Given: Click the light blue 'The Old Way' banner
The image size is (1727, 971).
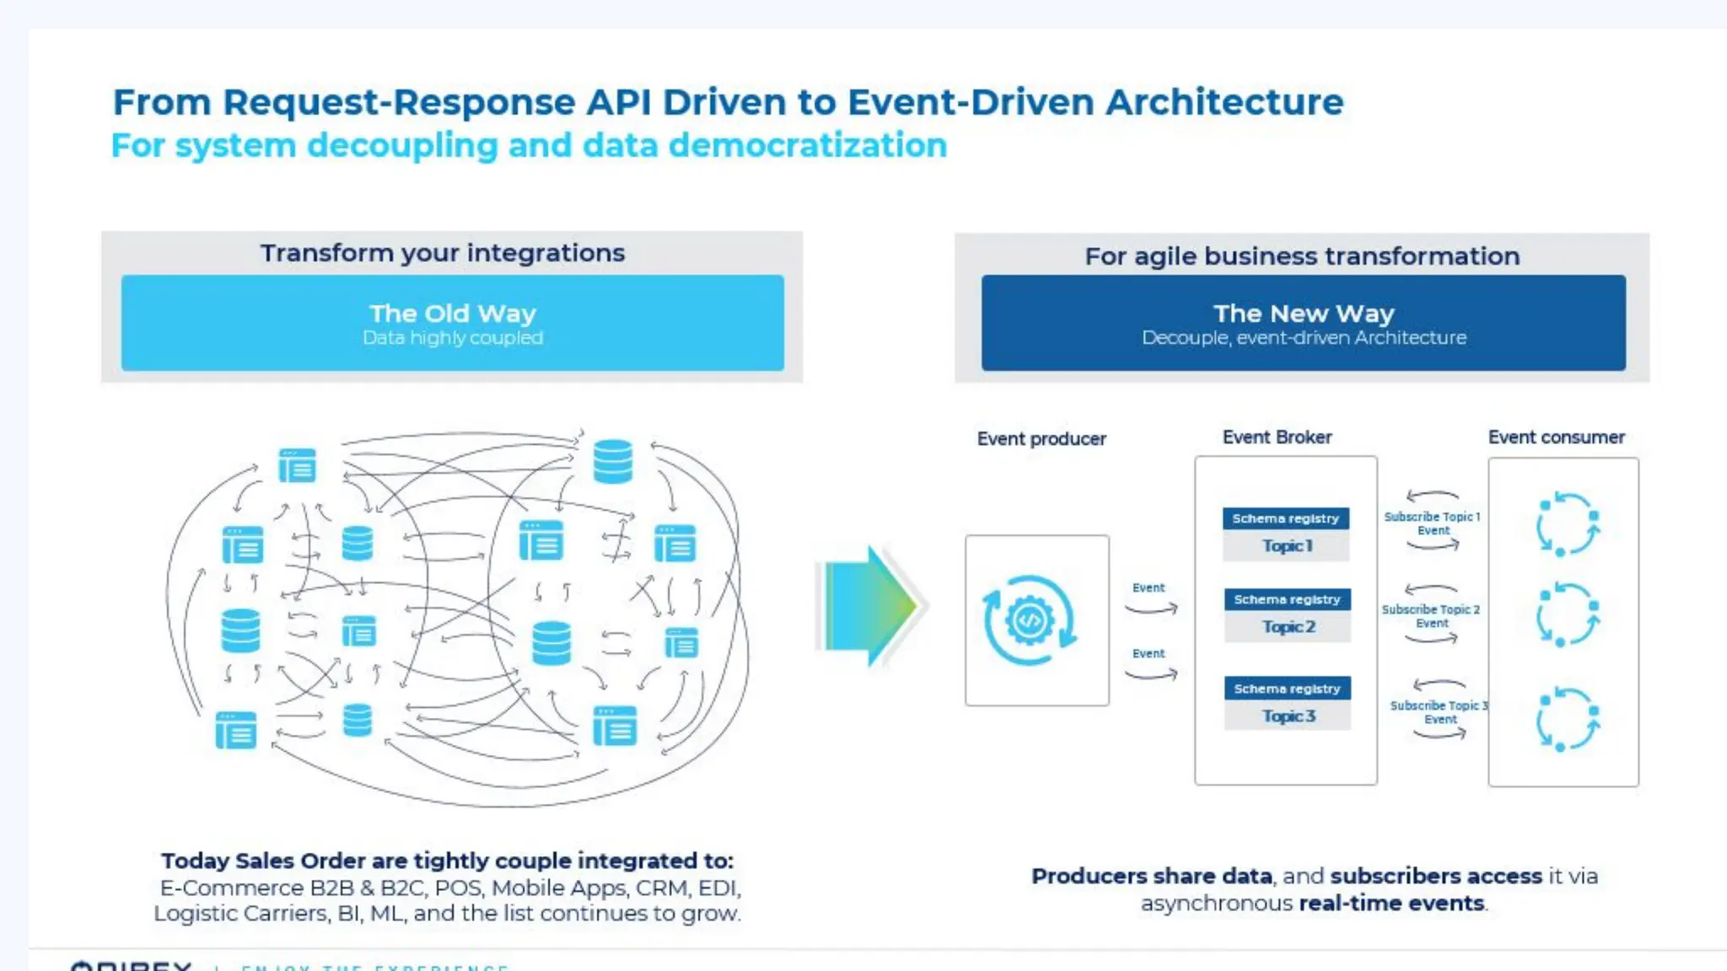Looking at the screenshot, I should pos(452,323).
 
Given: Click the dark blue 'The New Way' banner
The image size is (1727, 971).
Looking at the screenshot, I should pos(1303,323).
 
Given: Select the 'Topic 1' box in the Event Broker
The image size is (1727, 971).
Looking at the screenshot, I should pos(1286,546).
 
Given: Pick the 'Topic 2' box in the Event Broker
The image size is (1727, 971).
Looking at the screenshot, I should pos(1288,627).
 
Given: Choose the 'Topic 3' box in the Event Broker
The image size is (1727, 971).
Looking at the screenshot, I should pos(1288,716).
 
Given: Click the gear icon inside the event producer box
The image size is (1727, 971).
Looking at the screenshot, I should pos(1030,620).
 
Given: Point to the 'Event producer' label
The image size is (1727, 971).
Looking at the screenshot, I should pos(1041,439).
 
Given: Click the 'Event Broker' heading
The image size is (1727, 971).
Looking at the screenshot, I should pos(1277,437).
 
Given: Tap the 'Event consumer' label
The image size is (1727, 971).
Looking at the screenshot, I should pos(1556,437).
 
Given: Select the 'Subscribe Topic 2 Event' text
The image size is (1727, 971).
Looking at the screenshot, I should pos(1431,616).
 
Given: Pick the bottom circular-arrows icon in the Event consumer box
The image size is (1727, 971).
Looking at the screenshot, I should pos(1566,720).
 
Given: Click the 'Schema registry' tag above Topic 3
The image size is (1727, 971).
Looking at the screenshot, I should pos(1287,689).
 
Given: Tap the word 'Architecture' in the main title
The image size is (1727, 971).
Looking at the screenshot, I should pos(1224,103).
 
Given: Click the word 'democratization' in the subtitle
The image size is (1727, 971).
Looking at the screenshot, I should pos(807,146).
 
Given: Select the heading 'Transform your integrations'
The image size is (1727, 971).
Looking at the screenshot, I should pos(443,253).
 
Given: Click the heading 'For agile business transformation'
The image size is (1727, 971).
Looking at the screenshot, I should pos(1302,256).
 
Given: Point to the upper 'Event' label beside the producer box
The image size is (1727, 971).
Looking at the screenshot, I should pos(1149,588).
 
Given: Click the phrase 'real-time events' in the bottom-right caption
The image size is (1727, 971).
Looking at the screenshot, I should pos(1391,904).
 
